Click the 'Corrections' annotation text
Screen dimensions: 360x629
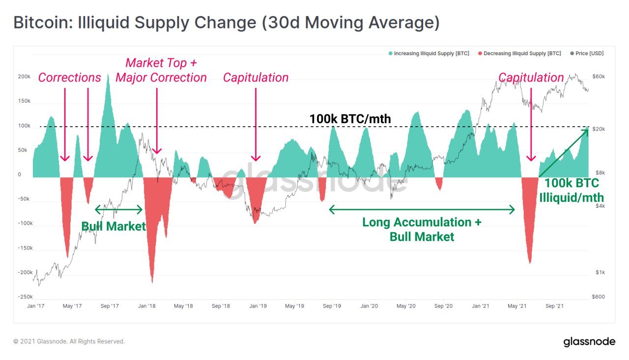pyautogui.click(x=69, y=78)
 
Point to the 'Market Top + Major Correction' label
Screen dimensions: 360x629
pyautogui.click(x=161, y=70)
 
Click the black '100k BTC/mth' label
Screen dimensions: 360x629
pyautogui.click(x=350, y=119)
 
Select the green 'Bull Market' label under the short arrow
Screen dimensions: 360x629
pyautogui.click(x=114, y=226)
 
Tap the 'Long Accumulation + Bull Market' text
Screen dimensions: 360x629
pyautogui.click(x=422, y=229)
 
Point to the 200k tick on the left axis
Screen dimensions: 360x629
pyautogui.click(x=24, y=77)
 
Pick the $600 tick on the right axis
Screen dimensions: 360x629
pyautogui.click(x=598, y=297)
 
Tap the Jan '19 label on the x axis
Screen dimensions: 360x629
pyautogui.click(x=257, y=306)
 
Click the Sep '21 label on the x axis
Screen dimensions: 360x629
pyautogui.click(x=554, y=306)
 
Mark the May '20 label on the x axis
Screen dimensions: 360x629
pyautogui.click(x=405, y=306)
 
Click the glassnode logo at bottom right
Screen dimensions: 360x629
pyautogui.click(x=589, y=341)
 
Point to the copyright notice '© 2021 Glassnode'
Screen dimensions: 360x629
pyautogui.click(x=69, y=341)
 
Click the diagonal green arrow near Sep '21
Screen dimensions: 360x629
pyautogui.click(x=564, y=152)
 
